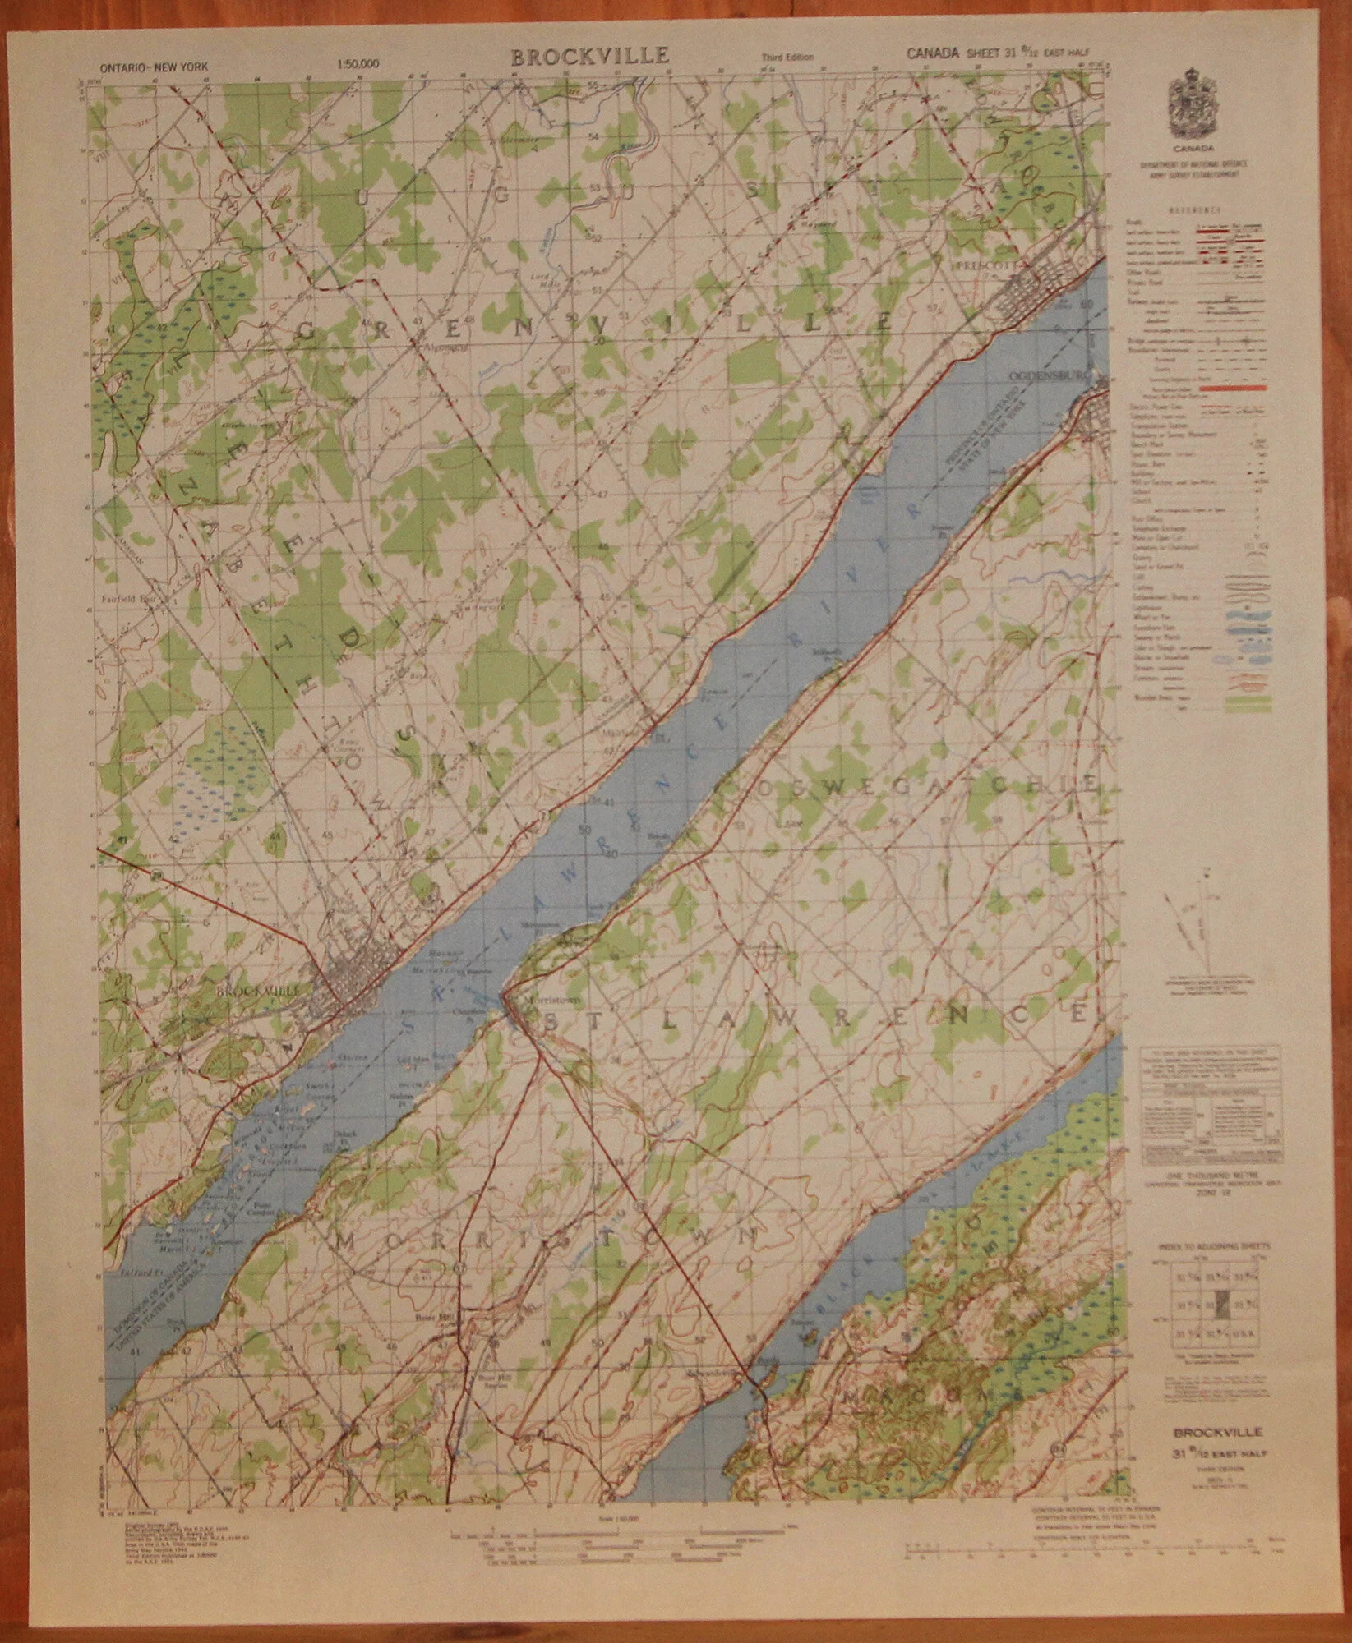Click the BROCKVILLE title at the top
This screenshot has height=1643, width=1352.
(590, 56)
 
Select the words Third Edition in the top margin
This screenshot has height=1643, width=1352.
(787, 58)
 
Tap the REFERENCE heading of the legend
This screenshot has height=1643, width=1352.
(1196, 210)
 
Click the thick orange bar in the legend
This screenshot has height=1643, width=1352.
(1233, 386)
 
